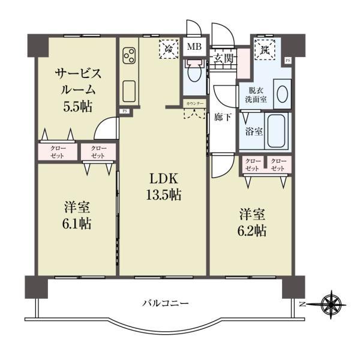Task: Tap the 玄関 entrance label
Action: click(x=223, y=58)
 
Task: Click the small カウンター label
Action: click(x=194, y=104)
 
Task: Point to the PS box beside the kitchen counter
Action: click(x=125, y=111)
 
